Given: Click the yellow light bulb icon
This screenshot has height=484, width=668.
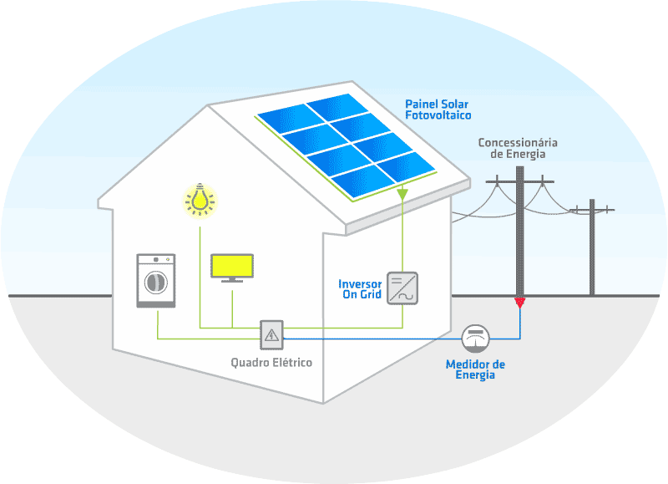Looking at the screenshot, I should tap(200, 199).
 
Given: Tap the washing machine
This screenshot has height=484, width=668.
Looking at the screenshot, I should tap(156, 280).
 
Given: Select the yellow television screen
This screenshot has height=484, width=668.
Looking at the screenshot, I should tap(231, 265).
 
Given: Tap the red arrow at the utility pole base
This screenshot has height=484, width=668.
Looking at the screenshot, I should tap(519, 300).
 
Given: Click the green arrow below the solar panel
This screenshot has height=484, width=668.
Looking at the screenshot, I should tap(402, 195).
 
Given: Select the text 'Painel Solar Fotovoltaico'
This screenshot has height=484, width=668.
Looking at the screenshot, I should tap(437, 109).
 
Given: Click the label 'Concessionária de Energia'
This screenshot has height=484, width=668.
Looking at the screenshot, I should tap(517, 148).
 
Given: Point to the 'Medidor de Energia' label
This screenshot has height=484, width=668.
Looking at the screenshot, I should tap(475, 369).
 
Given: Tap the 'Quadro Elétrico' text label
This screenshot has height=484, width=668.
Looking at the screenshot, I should tap(271, 363).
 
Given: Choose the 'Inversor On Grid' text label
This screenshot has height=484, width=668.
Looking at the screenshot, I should tap(360, 289).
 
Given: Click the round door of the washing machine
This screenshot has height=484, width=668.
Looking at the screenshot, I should tap(155, 283).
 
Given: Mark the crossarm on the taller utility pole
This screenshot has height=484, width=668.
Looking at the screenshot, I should tap(519, 181).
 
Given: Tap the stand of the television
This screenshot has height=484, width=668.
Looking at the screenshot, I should tap(231, 279).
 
